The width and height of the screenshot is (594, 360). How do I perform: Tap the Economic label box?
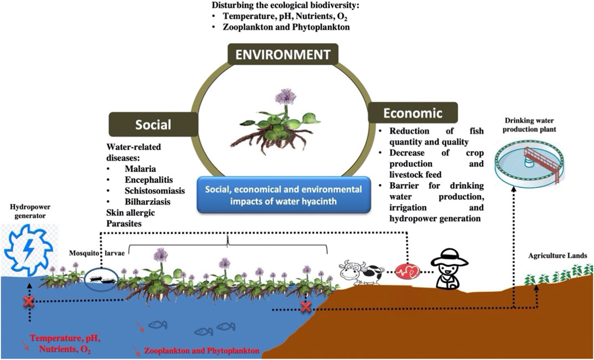[413, 114]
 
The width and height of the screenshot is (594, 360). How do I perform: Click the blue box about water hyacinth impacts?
[284, 195]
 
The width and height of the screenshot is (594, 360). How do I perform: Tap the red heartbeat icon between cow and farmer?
[407, 271]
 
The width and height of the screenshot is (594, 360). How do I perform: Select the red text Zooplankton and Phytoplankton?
[201, 351]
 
